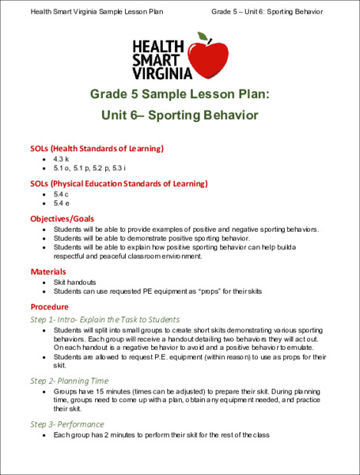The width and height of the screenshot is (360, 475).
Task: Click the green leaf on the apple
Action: pos(205,37)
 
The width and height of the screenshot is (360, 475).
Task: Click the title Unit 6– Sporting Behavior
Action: pos(180,116)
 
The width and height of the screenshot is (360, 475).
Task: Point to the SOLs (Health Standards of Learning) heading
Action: pos(97,148)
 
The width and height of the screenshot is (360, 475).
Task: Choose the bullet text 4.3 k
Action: pos(62,159)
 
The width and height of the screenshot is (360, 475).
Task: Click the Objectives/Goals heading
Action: pos(62,218)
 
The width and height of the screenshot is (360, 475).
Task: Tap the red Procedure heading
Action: pos(50,306)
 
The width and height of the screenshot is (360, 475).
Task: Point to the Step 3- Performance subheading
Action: pos(70,424)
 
